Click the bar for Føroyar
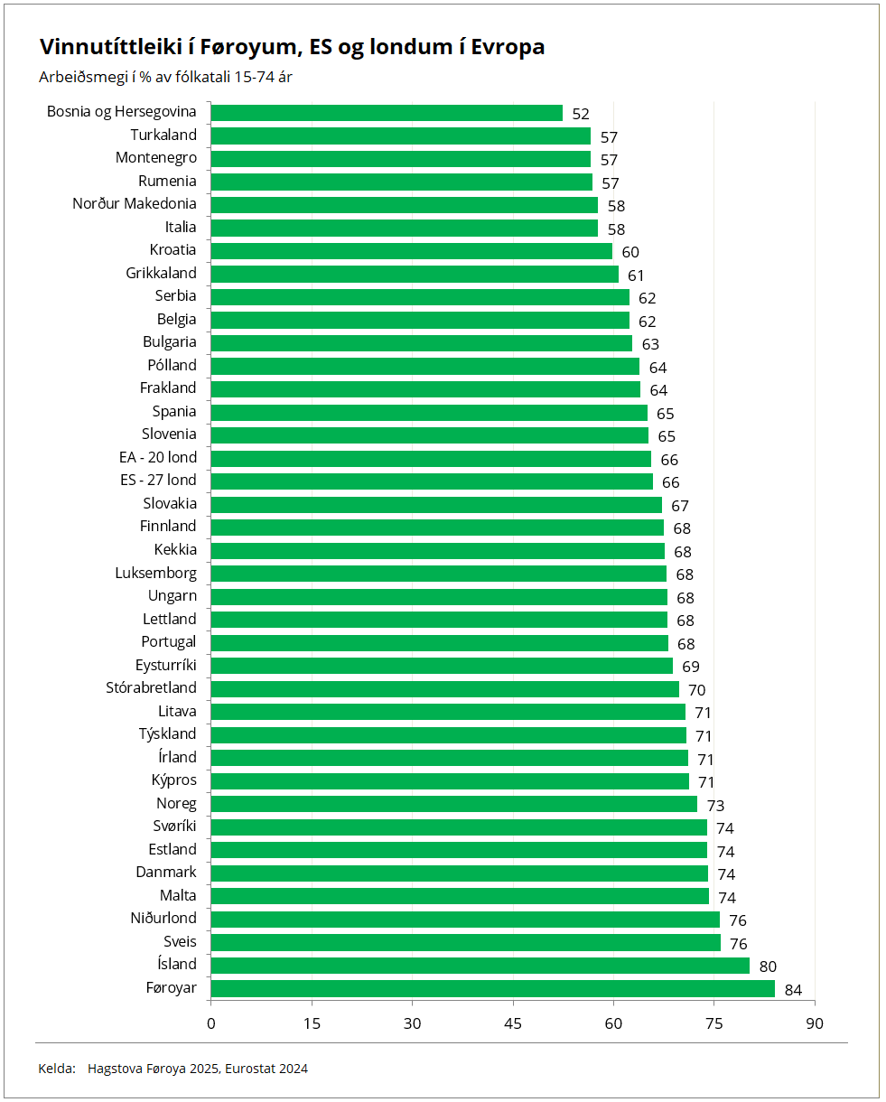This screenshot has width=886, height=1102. tap(492, 988)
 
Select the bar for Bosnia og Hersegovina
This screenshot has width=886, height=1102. tap(387, 113)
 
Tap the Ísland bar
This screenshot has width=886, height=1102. tap(480, 966)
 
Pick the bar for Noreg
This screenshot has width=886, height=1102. tap(453, 804)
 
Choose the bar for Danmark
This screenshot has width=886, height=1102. tap(459, 873)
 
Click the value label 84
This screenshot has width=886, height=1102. tap(793, 990)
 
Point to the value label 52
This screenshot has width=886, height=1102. tap(581, 115)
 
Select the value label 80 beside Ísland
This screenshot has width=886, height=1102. tap(768, 967)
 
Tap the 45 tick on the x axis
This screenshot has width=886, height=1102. tap(513, 1023)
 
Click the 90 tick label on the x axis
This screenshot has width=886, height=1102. tap(815, 1023)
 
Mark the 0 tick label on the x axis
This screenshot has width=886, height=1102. tap(211, 1023)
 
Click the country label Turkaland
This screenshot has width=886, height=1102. tap(163, 135)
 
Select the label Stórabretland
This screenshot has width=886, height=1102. tap(151, 688)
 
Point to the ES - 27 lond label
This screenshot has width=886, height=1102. tap(158, 481)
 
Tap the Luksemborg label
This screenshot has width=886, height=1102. tap(155, 573)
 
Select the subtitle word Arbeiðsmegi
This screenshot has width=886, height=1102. tap(79, 78)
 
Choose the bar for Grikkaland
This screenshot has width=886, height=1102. tap(415, 274)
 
